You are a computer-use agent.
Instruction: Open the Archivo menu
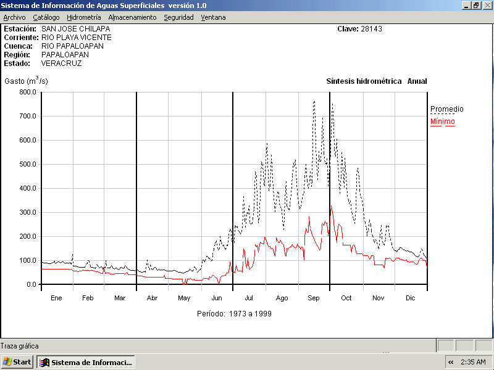point(14,17)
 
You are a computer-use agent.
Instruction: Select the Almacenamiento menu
point(132,17)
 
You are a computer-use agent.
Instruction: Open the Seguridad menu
point(178,17)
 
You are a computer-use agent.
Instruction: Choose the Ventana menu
point(213,17)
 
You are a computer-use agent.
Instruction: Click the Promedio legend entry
point(446,109)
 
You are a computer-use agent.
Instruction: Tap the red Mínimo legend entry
point(442,121)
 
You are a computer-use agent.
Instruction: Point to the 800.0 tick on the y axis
point(28,92)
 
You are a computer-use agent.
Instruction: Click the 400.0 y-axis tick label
point(28,188)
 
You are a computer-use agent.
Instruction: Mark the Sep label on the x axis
point(314,298)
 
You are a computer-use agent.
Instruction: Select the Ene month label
point(56,298)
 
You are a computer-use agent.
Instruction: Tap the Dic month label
point(411,298)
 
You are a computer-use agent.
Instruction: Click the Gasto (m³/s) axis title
point(26,81)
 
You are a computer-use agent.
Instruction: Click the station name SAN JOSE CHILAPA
point(71,29)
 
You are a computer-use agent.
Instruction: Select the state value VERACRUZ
point(61,63)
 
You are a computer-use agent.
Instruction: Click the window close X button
point(487,5)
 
